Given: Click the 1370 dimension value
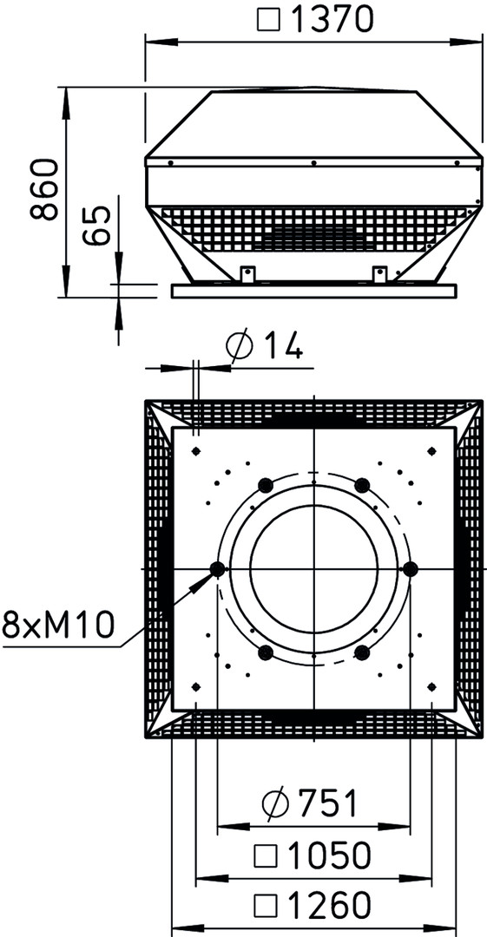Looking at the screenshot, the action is coord(332,20).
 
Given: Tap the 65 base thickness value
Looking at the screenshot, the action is coord(97,226).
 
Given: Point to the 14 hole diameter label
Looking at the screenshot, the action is coord(282,346).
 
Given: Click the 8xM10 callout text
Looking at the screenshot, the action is coord(58,625).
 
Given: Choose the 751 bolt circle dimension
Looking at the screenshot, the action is coord(327,803).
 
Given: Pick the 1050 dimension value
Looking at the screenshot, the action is coord(330,855).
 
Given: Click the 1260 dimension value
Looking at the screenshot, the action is coord(330,906).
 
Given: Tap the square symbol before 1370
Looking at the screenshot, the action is coord(267,20).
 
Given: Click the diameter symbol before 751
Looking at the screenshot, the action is coord(274,803).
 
